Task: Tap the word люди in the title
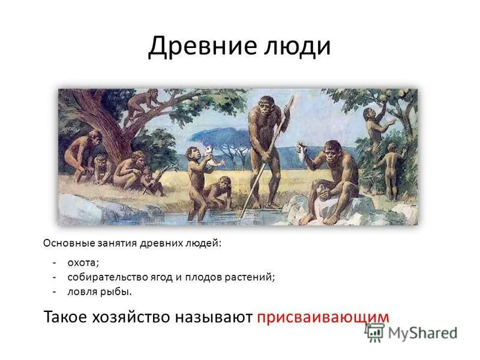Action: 297,46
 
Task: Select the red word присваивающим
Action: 323,317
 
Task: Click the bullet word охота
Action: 83,263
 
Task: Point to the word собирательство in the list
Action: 108,277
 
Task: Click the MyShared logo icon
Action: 374,333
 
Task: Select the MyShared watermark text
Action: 422,333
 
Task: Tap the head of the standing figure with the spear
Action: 266,104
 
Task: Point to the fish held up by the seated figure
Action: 301,151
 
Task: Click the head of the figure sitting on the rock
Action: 332,150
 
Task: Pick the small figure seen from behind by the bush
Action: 391,170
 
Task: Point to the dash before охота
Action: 55,263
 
